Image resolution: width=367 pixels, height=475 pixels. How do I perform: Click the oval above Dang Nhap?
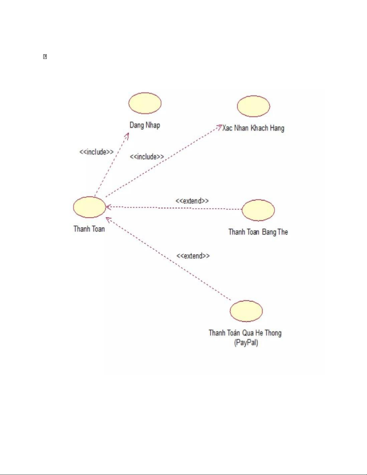tap(145, 103)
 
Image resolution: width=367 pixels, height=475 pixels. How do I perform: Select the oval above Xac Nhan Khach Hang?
tap(253, 106)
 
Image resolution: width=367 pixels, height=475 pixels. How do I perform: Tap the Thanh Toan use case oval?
tap(90, 207)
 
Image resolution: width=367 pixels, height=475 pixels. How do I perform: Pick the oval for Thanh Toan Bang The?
tap(258, 210)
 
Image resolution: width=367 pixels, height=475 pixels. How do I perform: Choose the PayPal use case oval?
tap(246, 311)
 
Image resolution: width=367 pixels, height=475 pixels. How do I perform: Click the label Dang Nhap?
tap(145, 125)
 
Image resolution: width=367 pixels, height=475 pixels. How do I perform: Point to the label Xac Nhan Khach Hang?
tap(253, 128)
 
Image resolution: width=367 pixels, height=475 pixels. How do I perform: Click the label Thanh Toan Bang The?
tap(258, 232)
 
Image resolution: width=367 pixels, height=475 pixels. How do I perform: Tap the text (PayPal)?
tap(246, 342)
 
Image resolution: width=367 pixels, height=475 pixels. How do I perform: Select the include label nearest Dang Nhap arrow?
tap(96, 152)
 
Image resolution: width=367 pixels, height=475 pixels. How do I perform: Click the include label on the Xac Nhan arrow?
tap(147, 157)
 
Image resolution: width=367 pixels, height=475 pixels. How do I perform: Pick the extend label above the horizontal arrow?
tap(192, 201)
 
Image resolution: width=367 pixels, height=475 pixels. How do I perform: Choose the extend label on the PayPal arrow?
tap(193, 256)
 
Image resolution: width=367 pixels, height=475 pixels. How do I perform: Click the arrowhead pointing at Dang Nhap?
tap(127, 135)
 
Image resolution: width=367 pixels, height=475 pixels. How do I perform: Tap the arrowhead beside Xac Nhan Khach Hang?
tap(219, 126)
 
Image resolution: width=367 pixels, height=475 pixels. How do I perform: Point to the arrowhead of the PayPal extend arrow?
tap(108, 219)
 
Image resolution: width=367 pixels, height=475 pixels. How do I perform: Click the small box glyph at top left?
tap(45, 57)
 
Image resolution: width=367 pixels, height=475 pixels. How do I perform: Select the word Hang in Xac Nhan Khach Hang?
tap(277, 128)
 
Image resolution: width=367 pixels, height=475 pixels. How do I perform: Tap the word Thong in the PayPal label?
tap(273, 333)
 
